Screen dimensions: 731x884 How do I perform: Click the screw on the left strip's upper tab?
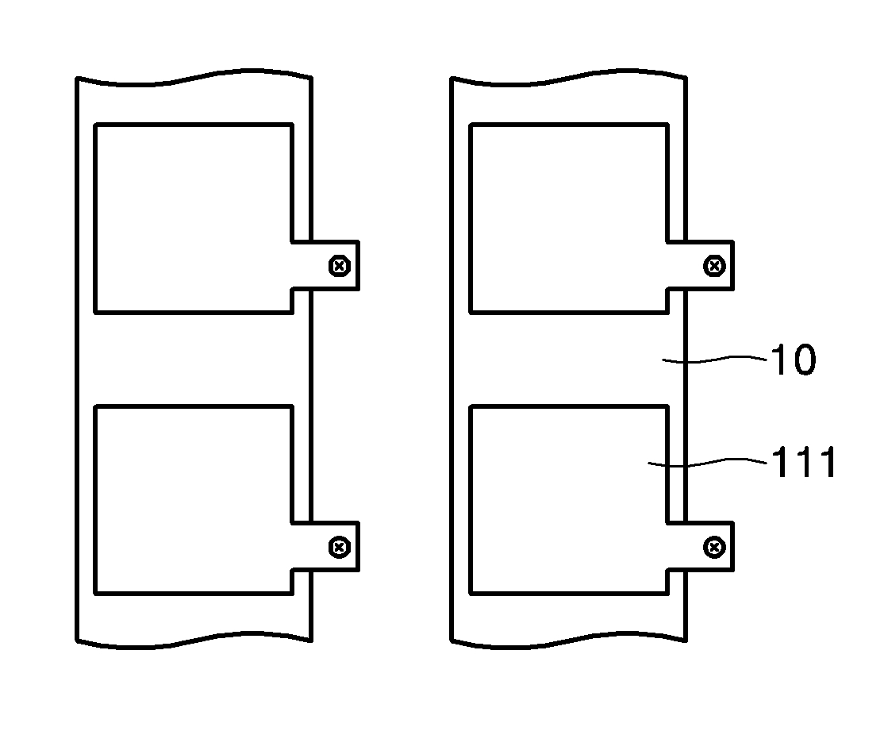(340, 266)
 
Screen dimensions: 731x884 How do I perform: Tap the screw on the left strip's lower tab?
(340, 547)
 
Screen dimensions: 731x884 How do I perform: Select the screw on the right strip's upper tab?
(714, 266)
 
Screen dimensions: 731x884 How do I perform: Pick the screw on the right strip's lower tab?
(714, 547)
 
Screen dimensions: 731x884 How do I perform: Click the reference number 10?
(793, 361)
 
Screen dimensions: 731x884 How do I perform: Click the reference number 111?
(804, 464)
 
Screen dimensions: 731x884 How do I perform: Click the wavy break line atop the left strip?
(193, 80)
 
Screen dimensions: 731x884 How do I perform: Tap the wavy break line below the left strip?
(193, 640)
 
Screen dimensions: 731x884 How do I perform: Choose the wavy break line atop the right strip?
(568, 80)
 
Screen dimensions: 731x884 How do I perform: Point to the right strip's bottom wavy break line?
(568, 640)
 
